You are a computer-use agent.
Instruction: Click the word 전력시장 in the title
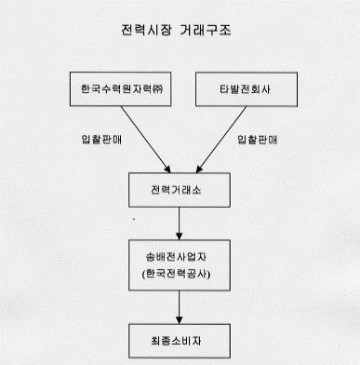click(x=148, y=31)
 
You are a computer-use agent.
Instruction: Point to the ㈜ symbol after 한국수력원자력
click(x=157, y=89)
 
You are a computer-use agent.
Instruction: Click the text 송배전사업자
click(x=179, y=255)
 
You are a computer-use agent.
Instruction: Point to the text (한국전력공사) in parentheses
click(x=179, y=275)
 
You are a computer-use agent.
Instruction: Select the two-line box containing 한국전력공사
click(x=179, y=265)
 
